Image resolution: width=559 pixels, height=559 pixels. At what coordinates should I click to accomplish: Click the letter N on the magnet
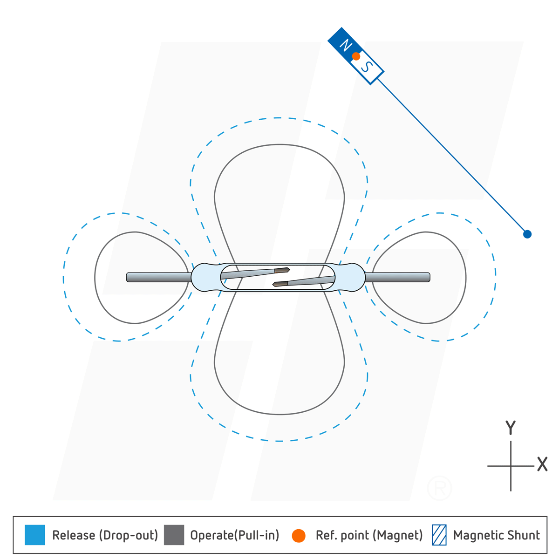point(345,45)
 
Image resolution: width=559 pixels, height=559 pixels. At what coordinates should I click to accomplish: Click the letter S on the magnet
point(367,67)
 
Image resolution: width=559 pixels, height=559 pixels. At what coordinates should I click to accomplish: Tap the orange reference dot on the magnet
point(356,56)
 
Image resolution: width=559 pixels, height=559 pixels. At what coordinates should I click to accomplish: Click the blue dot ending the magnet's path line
point(527,234)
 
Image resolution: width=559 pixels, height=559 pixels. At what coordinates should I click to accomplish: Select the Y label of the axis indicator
point(511,428)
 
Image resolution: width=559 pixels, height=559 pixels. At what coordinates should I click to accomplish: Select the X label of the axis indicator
point(542,464)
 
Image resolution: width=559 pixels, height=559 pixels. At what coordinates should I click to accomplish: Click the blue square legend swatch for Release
point(35,535)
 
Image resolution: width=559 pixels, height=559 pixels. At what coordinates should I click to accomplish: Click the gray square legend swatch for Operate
point(174,535)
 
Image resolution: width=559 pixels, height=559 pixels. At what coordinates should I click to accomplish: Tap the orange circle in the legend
point(299,536)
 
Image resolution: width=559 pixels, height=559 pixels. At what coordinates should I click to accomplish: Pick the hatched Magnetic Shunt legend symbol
point(439,535)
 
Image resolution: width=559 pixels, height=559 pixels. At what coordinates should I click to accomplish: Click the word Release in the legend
point(74,535)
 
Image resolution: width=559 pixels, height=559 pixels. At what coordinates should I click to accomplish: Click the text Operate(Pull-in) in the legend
point(234,535)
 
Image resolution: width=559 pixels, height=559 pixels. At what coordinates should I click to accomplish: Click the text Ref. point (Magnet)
point(369,535)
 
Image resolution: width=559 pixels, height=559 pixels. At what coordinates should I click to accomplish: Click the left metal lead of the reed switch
point(158,277)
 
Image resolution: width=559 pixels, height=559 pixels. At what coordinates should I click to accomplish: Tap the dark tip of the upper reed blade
point(282,270)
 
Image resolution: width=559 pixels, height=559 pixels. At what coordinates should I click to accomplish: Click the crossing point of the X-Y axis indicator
point(511,465)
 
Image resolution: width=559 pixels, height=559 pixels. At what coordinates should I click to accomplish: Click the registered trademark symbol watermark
point(439,488)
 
